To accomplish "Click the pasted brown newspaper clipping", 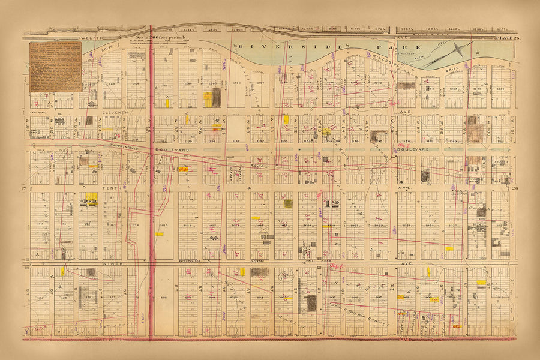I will tap(55, 67).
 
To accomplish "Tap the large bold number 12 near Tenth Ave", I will tap(331, 204).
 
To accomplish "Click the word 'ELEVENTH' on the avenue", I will tap(113, 112).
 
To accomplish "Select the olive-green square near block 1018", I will tap(288, 203).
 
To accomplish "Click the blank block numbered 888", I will tap(164, 297).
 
